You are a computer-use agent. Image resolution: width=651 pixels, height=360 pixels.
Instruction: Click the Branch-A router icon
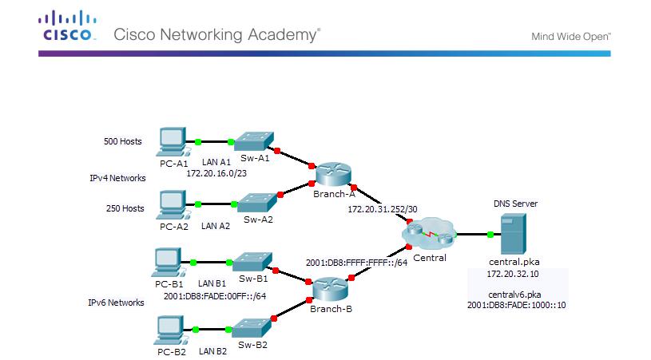coord(327,173)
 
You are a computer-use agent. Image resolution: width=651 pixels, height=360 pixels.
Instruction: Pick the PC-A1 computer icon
coord(173,141)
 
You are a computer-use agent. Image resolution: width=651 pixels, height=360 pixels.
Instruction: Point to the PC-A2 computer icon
coord(173,204)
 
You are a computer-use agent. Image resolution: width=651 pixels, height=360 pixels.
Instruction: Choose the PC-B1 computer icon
coord(168,262)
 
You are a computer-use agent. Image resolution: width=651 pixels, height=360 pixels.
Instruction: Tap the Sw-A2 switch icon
coord(256,200)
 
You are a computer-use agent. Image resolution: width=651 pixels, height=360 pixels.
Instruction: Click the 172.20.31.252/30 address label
coord(382,208)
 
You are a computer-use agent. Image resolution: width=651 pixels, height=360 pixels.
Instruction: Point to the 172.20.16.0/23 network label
coord(218,172)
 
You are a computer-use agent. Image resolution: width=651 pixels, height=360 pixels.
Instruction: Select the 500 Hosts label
coord(123,141)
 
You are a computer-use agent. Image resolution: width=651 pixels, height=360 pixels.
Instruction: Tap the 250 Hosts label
coord(125,208)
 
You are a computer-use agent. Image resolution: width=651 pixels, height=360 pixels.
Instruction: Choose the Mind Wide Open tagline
coord(571,36)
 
